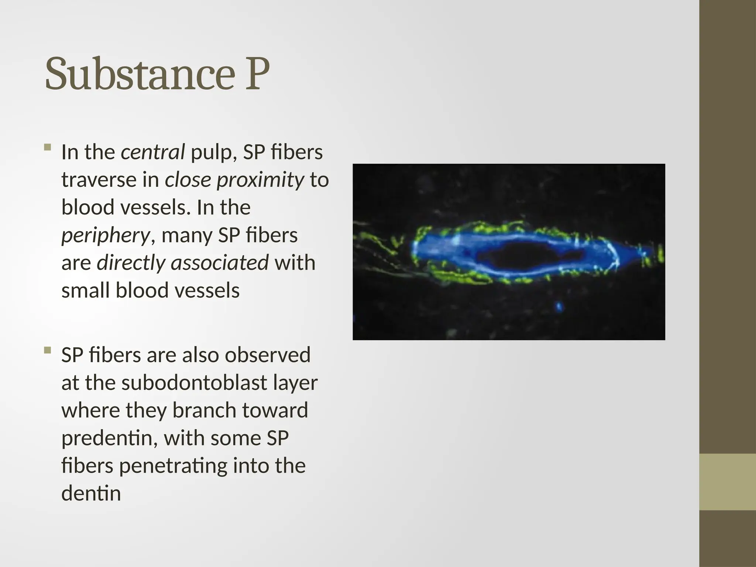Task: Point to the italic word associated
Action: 219,263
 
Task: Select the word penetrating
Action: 172,466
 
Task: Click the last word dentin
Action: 91,494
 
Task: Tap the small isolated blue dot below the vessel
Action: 559,306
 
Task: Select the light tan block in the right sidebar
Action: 727,482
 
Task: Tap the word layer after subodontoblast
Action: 295,383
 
